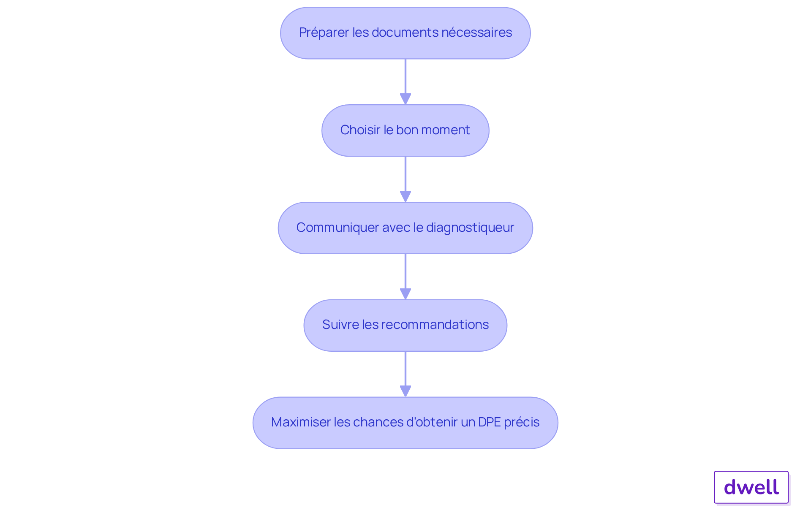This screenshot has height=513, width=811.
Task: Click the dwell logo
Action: [751, 487]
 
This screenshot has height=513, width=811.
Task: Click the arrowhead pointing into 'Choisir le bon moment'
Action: [405, 99]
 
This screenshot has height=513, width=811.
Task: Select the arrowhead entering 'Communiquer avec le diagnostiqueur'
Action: [405, 196]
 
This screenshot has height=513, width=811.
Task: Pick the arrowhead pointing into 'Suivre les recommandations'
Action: [405, 294]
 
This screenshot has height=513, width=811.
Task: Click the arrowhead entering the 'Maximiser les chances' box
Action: [405, 391]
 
